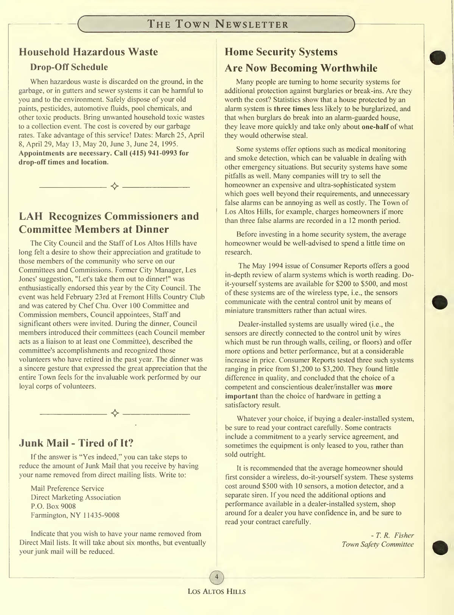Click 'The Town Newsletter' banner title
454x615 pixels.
(x=218, y=25)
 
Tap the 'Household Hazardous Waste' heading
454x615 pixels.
(x=88, y=52)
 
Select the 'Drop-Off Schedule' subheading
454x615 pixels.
(x=69, y=67)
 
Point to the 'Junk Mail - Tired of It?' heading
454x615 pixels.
(x=76, y=443)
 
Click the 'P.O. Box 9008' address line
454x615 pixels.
(x=53, y=506)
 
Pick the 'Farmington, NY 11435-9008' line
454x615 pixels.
(x=75, y=515)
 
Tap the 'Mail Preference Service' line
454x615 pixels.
(x=67, y=489)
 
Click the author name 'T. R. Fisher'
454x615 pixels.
(x=395, y=535)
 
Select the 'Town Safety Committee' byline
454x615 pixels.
(x=377, y=544)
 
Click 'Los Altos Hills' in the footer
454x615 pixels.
(x=217, y=592)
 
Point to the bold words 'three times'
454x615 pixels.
(x=292, y=109)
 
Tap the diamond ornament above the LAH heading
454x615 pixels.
(x=114, y=186)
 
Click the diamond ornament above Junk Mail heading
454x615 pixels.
(x=115, y=413)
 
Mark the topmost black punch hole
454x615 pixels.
(x=438, y=57)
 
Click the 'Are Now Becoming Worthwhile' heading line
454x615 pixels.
(x=301, y=68)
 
